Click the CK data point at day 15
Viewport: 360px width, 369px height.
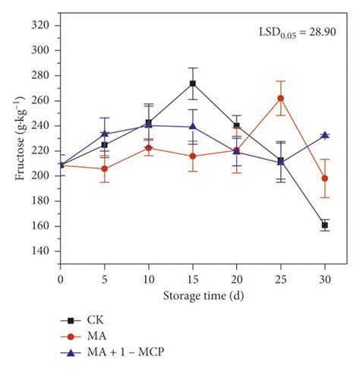click(193, 84)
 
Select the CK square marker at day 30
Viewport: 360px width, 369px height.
click(324, 225)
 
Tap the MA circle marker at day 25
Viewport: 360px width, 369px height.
click(281, 98)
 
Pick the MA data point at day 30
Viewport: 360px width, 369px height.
click(324, 178)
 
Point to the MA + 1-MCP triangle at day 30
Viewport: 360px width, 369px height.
click(324, 135)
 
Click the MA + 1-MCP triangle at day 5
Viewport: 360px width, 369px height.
click(105, 134)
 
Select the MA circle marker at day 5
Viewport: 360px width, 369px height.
click(105, 169)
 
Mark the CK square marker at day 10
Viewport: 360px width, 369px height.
click(149, 123)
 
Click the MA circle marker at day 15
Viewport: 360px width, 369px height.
click(193, 156)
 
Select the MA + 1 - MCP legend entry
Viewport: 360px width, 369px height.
click(114, 352)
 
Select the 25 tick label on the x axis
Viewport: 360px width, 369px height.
click(281, 279)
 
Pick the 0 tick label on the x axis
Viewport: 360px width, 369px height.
click(61, 279)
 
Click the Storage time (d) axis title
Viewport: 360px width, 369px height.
click(193, 295)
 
